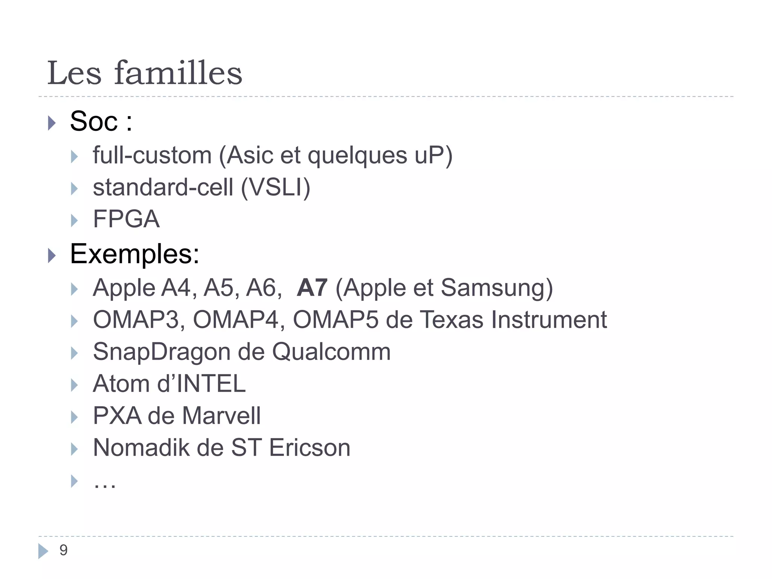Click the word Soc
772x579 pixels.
[94, 121]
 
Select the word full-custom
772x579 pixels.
[152, 155]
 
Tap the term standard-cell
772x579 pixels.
[163, 187]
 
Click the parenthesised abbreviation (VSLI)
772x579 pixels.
[276, 187]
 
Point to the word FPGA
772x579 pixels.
[126, 219]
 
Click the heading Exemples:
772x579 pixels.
[135, 254]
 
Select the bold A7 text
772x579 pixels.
[312, 288]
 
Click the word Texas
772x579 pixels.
[451, 320]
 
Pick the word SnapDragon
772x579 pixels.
[162, 352]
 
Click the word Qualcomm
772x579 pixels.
[331, 352]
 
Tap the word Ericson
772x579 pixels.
[309, 448]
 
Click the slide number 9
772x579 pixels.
[63, 550]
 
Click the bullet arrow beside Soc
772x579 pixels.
[52, 123]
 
